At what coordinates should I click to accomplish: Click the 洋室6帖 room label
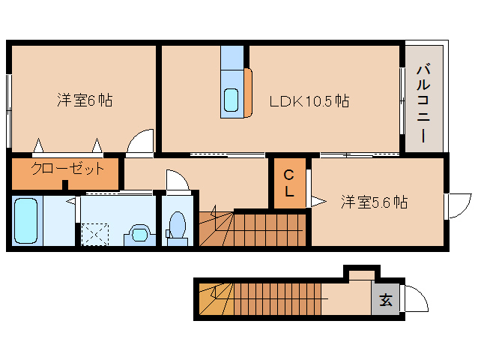click(x=84, y=100)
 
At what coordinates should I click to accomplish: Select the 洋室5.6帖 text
click(x=374, y=202)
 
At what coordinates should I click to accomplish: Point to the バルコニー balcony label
click(x=423, y=104)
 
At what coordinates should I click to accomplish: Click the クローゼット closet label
click(x=67, y=169)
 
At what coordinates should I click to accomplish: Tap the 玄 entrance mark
click(x=385, y=301)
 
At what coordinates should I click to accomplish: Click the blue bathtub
click(x=26, y=220)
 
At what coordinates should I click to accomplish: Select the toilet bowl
click(x=178, y=224)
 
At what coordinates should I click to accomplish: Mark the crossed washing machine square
click(x=95, y=234)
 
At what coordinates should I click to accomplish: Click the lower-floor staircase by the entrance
click(x=277, y=300)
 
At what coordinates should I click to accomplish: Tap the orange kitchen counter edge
click(x=249, y=94)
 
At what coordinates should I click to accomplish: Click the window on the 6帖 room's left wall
click(x=8, y=111)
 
